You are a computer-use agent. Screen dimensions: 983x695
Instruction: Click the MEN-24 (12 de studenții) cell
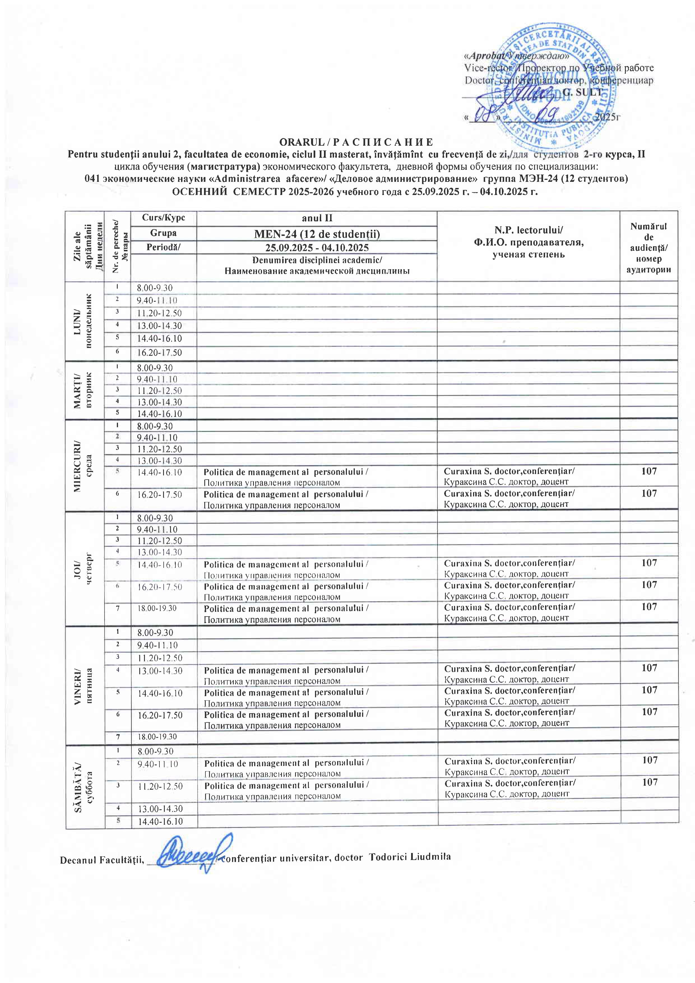pyautogui.click(x=317, y=234)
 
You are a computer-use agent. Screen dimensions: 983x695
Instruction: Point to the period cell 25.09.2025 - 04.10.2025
pyautogui.click(x=317, y=247)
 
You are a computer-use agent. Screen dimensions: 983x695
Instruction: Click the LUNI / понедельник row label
pyautogui.click(x=84, y=321)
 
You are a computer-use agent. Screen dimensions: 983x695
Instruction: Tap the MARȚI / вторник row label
pyautogui.click(x=84, y=390)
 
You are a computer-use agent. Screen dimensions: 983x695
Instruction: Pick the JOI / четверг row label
pyautogui.click(x=84, y=566)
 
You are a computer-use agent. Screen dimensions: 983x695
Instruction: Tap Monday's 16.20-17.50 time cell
pyautogui.click(x=159, y=353)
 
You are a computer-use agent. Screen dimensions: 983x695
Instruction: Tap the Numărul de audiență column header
pyautogui.click(x=649, y=247)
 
